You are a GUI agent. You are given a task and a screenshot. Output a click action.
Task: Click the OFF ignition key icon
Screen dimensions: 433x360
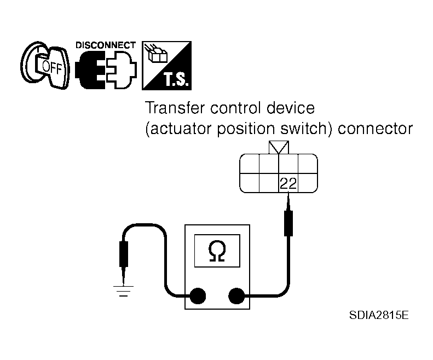coord(45,65)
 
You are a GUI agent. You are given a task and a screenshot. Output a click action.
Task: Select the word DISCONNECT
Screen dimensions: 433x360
coord(106,45)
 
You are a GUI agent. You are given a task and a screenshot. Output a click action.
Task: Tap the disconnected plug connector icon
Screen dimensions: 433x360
coord(106,69)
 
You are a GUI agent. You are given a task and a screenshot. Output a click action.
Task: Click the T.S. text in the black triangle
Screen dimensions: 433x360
coord(176,79)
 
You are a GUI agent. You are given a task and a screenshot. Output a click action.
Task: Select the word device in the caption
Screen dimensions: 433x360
coord(291,108)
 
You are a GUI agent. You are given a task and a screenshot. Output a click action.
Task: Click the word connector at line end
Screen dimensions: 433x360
coord(376,129)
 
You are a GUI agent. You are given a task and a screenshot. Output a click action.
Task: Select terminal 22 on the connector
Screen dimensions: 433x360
coord(288,183)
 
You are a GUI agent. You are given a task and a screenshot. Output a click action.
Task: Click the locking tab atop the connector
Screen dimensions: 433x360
coord(279,147)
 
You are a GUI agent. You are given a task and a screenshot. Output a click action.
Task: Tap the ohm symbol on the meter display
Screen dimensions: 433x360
coord(217,251)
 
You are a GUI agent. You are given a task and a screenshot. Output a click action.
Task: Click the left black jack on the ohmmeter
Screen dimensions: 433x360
coord(198,295)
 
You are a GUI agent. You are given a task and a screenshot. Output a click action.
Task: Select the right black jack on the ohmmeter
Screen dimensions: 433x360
coord(236,295)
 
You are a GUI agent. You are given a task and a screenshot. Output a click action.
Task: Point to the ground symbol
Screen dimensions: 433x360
coord(123,291)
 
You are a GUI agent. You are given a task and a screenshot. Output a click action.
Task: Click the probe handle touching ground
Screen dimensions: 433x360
coord(123,254)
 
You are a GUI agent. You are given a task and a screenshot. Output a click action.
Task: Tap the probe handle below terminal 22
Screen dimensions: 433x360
coord(288,223)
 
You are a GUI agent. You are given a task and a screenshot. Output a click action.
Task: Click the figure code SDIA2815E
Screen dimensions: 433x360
coord(379,315)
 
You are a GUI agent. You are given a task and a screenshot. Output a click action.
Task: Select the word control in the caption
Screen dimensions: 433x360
coord(235,108)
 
